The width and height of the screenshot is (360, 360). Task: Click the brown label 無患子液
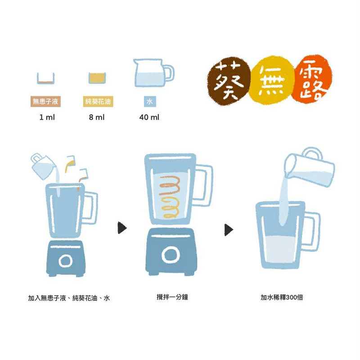pos(45,101)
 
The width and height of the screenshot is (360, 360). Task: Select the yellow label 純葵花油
pos(98,101)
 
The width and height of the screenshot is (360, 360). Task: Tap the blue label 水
pos(150,101)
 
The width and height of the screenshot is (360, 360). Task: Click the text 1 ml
pos(47,117)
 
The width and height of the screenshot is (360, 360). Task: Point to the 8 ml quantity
pos(97,117)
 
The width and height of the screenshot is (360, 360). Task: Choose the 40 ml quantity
pos(149,117)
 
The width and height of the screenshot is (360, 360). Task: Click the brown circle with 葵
pos(228,81)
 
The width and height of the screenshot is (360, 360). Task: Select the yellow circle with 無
pos(272,80)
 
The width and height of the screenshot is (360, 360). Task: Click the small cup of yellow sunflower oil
pos(97,78)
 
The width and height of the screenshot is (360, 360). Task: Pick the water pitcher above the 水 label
pos(153,73)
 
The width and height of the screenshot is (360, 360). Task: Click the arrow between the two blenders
pos(122,228)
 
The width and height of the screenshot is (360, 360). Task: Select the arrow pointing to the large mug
pos(229,230)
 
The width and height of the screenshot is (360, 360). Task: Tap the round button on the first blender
pos(65,261)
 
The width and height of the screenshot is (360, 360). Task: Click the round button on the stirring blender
pos(171,255)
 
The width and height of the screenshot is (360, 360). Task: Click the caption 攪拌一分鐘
pos(172,297)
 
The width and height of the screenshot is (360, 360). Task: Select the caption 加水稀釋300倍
pos(282,297)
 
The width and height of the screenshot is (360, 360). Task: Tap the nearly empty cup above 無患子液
pos(46,78)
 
